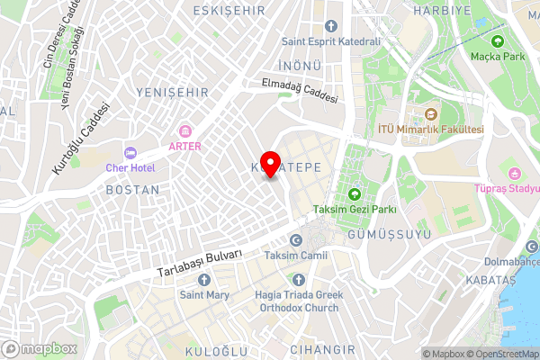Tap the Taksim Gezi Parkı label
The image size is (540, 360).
(355, 211)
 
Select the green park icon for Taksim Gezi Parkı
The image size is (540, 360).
(355, 194)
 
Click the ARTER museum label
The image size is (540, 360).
(185, 146)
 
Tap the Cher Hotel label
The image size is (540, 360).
(130, 168)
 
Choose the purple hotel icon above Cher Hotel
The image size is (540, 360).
(130, 153)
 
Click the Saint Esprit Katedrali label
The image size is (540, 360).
(331, 41)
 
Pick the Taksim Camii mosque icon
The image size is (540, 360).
(296, 240)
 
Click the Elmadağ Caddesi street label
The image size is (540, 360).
(300, 91)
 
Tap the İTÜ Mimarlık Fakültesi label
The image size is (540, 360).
(431, 130)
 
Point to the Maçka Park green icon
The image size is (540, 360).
(497, 40)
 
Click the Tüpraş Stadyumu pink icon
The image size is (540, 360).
(514, 173)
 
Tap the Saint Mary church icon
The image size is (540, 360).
(203, 279)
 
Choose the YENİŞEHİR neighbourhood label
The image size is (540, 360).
(171, 93)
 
